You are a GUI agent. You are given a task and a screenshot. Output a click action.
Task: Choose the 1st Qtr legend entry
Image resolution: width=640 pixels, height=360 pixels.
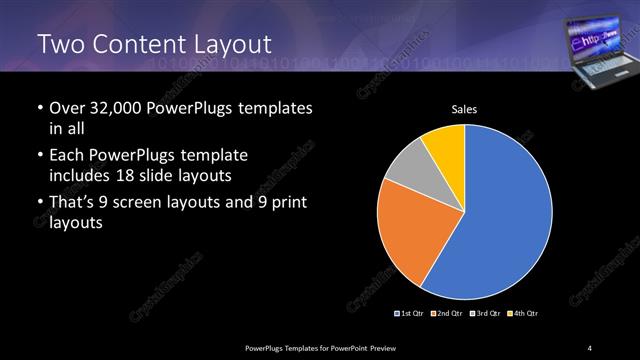[x=410, y=314]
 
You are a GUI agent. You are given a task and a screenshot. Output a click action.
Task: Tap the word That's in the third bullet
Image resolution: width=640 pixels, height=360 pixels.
[x=75, y=205]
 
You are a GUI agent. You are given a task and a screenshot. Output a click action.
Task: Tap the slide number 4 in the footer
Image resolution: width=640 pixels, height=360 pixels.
[x=591, y=347]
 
